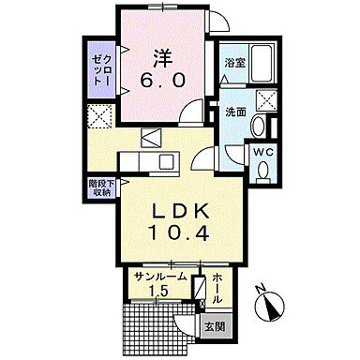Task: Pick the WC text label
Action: click(262, 150)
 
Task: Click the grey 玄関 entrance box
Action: click(216, 328)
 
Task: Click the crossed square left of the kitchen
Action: click(98, 115)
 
